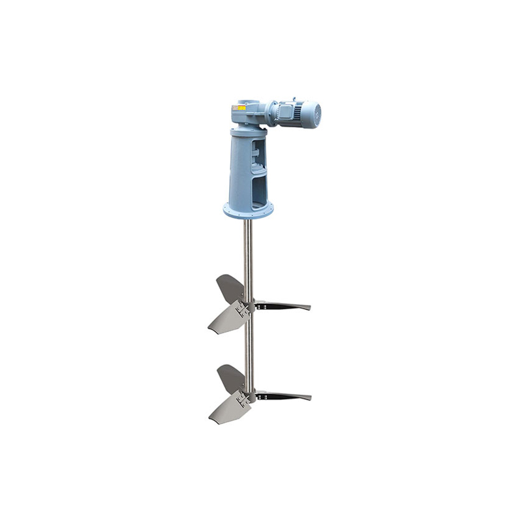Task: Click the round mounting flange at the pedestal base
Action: [x=248, y=211]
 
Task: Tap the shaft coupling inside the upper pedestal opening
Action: [x=256, y=157]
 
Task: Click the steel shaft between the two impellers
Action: [x=248, y=346]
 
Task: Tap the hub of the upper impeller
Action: [x=247, y=306]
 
